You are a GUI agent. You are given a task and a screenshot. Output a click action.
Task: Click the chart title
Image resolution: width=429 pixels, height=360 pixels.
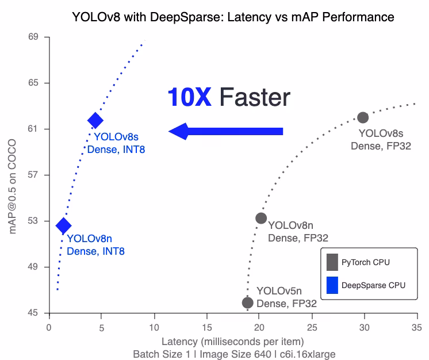pos(233,17)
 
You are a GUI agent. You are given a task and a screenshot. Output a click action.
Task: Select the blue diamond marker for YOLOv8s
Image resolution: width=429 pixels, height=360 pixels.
pos(95,120)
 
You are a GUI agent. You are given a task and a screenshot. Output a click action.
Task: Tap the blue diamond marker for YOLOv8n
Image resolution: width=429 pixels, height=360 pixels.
pos(63,226)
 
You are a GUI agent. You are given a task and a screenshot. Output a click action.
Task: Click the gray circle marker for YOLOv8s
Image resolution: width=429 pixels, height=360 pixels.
pos(363,117)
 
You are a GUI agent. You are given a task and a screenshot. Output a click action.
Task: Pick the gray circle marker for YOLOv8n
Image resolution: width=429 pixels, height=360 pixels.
pos(261,218)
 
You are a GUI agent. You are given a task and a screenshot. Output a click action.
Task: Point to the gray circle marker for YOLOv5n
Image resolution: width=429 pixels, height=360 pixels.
pos(248,302)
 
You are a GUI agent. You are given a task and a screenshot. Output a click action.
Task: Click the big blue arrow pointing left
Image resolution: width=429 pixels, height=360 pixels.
pos(226,131)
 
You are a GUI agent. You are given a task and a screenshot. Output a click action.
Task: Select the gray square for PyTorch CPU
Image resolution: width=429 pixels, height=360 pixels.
pos(332,262)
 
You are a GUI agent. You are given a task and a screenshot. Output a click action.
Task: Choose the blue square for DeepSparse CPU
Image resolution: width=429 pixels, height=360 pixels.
pos(332,285)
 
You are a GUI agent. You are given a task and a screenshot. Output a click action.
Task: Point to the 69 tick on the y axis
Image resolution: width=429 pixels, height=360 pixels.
pos(33,37)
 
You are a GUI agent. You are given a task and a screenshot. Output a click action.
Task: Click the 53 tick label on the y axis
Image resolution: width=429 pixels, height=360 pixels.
pos(33,221)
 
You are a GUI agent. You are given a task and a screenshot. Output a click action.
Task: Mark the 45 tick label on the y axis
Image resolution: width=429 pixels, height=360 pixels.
pos(33,313)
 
